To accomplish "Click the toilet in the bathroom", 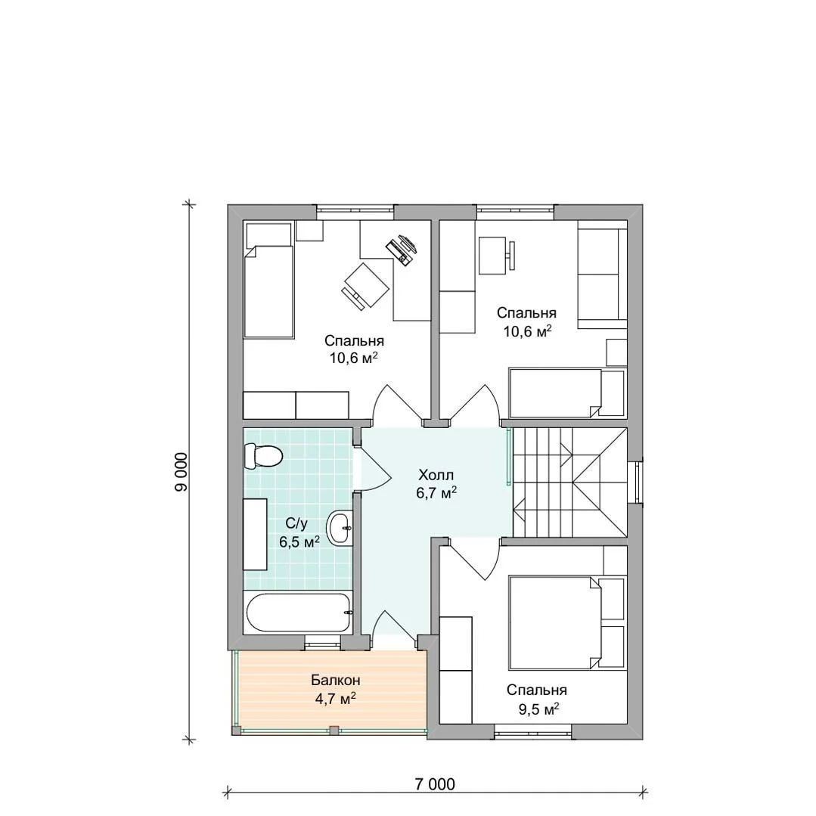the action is [263, 456].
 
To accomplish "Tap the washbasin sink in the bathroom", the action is [340, 527].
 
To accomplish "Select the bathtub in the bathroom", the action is [298, 613].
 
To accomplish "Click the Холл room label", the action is [436, 475].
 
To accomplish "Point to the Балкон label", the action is [336, 680].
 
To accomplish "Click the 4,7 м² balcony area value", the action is [336, 698].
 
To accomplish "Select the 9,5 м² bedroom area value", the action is [538, 709].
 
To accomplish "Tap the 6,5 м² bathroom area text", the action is [299, 541].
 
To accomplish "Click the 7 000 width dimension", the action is [435, 783].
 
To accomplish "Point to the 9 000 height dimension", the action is [181, 472].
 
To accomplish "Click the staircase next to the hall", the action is [570, 482].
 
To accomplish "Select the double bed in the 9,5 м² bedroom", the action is [567, 622].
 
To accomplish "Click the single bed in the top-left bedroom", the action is [269, 281].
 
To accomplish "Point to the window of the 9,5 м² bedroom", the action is [532, 732].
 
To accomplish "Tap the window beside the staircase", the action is [636, 482].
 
